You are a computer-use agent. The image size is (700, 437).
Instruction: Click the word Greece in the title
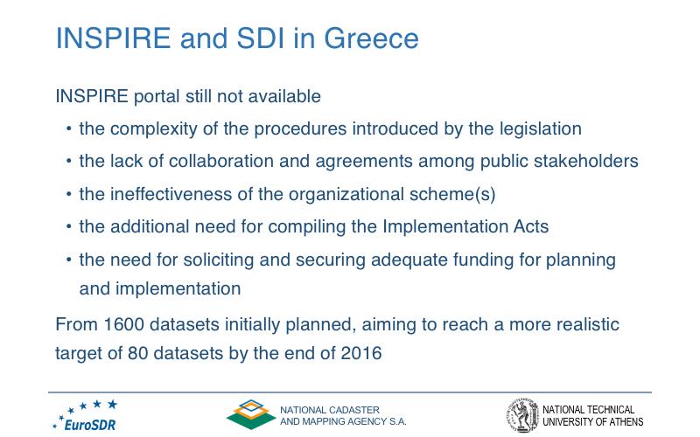[x=371, y=38]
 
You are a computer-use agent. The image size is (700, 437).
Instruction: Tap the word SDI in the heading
[x=260, y=38]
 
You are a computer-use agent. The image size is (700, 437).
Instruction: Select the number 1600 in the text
[x=123, y=324]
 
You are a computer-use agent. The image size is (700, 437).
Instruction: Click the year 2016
[x=361, y=353]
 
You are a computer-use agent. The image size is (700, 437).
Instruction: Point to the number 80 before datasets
[x=138, y=353]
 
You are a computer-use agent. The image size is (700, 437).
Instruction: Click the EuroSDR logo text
[x=90, y=425]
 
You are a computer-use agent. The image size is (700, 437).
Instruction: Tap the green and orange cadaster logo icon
[x=251, y=414]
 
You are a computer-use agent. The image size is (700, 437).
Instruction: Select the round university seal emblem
[x=522, y=415]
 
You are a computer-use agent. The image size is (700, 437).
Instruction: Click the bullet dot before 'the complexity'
[x=68, y=129]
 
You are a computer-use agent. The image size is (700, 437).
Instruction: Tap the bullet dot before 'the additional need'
[x=68, y=227]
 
